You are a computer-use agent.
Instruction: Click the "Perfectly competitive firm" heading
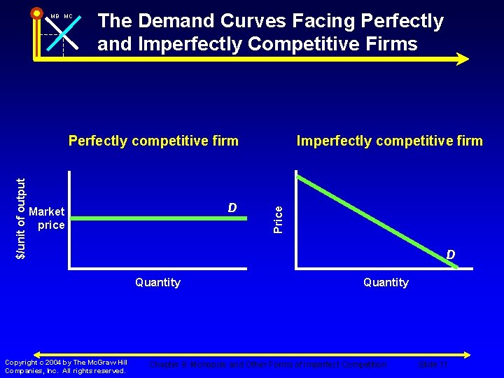point(153,141)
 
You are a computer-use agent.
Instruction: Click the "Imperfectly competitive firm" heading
point(389,141)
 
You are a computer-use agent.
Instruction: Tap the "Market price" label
point(48,218)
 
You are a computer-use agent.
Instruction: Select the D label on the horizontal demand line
point(232,208)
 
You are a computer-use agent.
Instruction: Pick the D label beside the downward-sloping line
point(451,255)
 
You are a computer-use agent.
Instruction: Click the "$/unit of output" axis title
point(21,218)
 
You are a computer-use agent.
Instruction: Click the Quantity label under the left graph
point(157,282)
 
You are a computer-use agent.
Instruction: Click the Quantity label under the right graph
point(386,282)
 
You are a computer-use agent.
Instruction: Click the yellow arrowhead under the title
point(462,59)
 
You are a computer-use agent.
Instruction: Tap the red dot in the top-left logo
point(36,13)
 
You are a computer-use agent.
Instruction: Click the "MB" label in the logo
point(55,16)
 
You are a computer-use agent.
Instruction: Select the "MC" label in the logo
point(68,16)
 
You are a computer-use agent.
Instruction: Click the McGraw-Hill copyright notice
point(66,366)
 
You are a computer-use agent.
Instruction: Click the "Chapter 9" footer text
point(168,365)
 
